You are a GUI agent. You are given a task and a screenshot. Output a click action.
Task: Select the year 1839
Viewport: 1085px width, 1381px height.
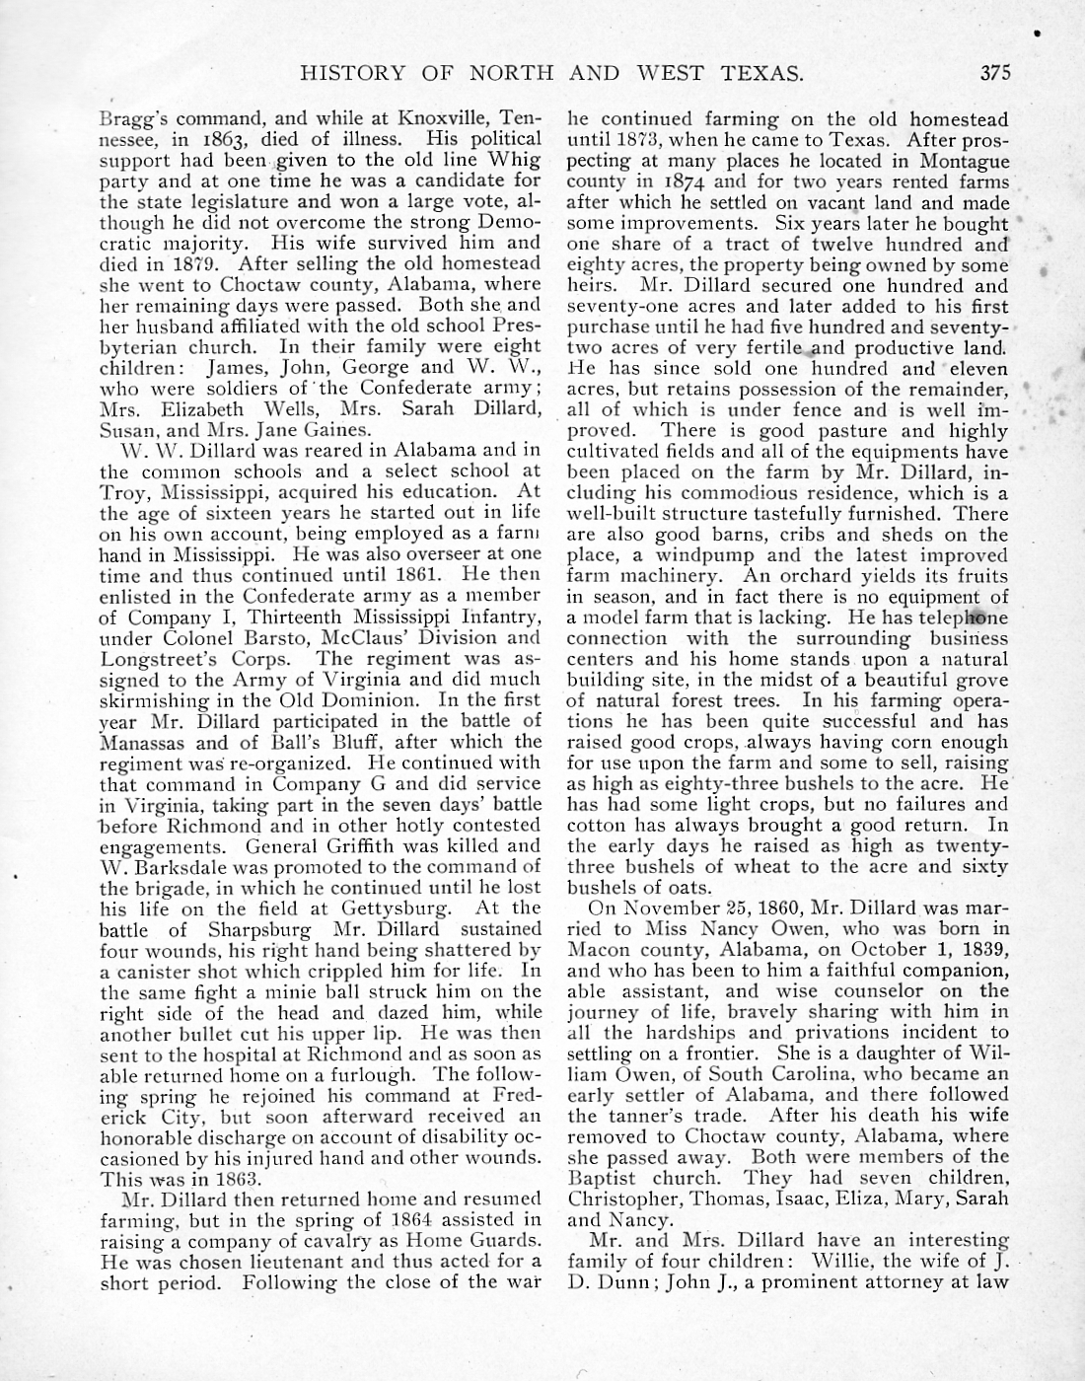pyautogui.click(x=978, y=949)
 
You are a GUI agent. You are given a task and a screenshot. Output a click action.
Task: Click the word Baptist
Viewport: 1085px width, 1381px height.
pyautogui.click(x=605, y=1178)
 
